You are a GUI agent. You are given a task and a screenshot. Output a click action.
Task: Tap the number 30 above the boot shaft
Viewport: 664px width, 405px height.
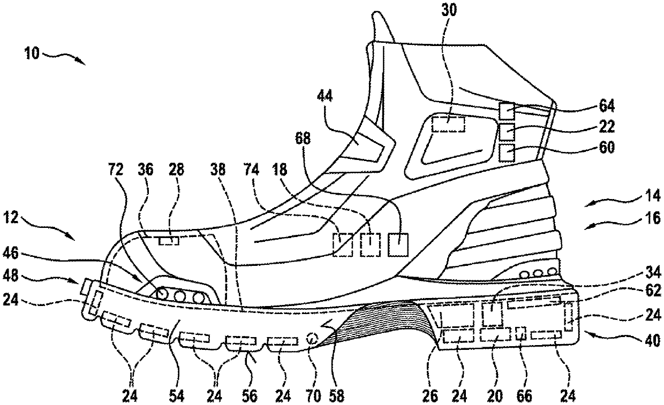[449, 10]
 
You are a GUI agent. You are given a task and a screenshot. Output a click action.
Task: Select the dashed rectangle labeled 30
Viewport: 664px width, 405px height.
[448, 124]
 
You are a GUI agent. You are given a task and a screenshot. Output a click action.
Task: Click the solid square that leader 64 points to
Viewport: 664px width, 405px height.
[507, 111]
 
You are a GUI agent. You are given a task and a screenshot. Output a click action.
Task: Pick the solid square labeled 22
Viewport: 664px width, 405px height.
[507, 132]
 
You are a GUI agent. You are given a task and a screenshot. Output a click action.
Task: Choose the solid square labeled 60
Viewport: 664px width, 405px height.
[507, 153]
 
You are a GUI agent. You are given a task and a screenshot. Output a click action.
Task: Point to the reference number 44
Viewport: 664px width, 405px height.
[325, 96]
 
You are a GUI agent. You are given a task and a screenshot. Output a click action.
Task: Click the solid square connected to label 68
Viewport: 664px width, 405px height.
[398, 244]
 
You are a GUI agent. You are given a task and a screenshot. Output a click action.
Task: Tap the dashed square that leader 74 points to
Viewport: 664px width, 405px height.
[343, 244]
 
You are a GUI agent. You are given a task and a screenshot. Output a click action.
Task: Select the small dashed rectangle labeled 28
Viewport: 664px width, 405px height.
[169, 241]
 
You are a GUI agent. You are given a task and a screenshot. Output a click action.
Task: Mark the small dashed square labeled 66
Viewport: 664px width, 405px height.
[521, 333]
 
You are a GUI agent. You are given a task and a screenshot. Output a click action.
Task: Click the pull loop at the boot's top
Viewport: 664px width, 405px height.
[382, 27]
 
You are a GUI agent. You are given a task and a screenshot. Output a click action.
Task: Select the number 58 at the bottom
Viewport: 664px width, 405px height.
[336, 396]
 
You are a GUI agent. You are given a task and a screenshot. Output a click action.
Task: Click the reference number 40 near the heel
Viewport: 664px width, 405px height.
[652, 341]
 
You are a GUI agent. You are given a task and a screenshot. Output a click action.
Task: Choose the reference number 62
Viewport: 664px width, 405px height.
[652, 291]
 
